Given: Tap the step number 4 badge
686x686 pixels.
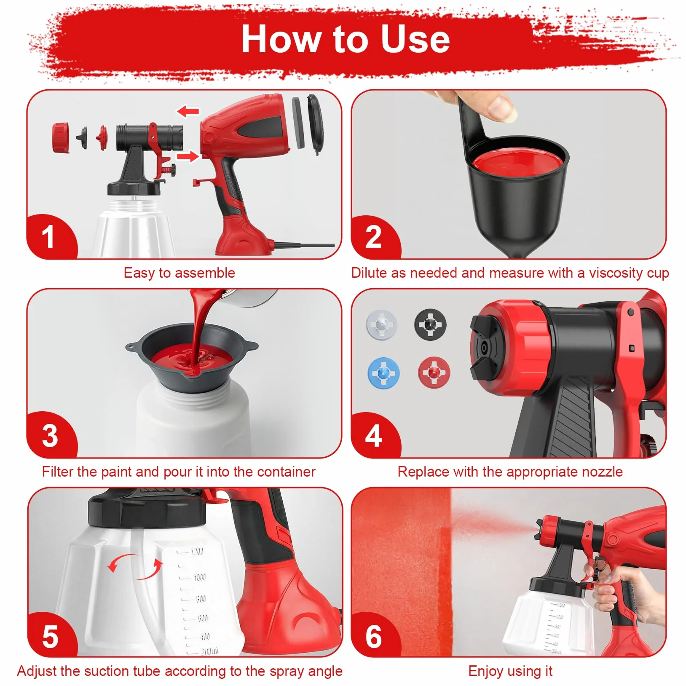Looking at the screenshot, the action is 373,436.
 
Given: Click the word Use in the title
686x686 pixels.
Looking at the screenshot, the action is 415,39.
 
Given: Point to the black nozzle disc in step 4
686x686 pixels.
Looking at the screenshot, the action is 430,324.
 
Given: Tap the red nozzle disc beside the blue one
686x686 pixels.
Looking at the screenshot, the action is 434,372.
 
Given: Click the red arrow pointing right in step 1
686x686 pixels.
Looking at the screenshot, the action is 188,156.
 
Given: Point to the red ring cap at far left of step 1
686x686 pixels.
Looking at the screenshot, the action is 61,137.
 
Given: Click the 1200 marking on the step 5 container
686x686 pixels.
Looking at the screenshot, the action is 197,551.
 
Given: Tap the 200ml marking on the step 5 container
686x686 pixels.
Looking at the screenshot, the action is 209,651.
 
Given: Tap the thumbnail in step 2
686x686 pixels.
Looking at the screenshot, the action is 502,111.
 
